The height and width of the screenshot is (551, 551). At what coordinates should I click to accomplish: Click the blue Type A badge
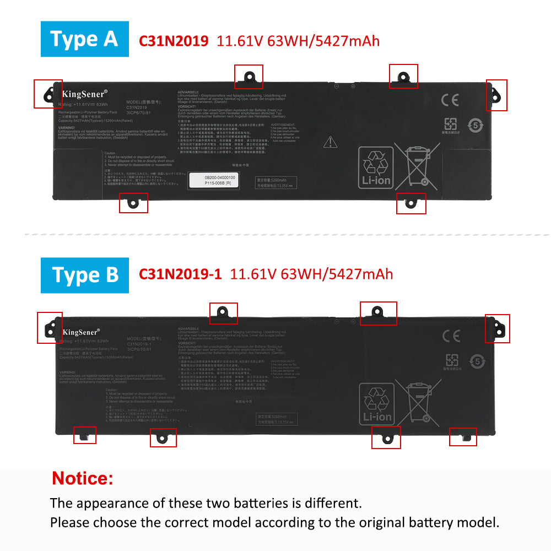84,39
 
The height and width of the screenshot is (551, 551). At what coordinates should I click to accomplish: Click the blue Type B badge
84,275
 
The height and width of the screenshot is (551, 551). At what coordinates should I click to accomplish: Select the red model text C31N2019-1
180,274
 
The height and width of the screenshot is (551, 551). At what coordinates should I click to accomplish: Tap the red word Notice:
83,478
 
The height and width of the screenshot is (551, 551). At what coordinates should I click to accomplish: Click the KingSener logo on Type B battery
81,332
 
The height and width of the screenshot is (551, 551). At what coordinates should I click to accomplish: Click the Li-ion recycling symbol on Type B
376,404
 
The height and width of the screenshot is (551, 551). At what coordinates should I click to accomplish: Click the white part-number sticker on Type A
212,180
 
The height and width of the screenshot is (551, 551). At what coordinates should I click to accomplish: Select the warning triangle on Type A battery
330,142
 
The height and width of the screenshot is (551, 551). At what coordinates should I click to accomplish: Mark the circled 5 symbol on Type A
476,125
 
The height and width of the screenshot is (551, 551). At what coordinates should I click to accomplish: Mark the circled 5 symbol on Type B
477,361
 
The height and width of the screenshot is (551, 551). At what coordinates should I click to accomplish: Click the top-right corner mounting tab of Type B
497,328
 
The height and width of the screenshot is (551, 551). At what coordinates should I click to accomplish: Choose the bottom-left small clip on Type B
85,435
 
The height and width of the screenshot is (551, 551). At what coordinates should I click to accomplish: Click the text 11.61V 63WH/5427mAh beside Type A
298,41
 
